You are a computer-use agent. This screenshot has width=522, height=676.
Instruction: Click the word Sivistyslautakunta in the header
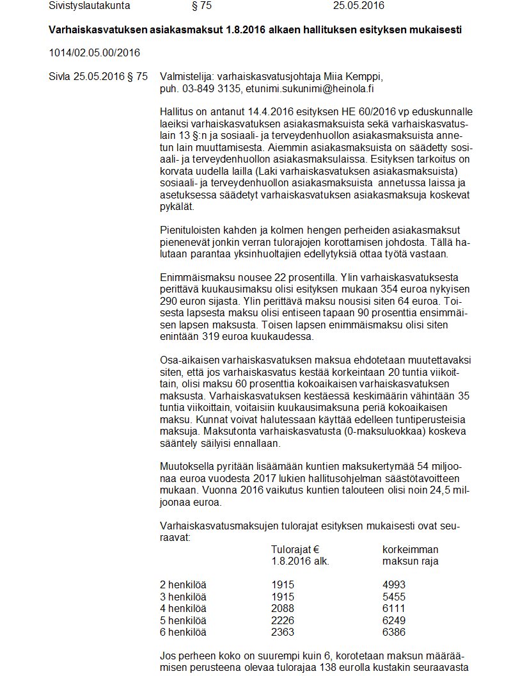[x=89, y=6]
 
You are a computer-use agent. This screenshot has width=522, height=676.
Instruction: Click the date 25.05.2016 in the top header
[x=359, y=6]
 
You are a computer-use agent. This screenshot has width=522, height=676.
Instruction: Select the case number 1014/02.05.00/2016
[x=94, y=52]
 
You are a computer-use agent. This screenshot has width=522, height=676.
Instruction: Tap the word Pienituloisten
[x=190, y=230]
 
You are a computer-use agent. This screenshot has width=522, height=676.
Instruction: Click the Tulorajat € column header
[x=295, y=550]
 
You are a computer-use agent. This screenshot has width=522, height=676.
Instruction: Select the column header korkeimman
[x=410, y=550]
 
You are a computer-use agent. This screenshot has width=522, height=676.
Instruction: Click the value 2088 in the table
[x=283, y=608]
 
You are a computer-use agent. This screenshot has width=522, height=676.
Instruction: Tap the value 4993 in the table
[x=393, y=585]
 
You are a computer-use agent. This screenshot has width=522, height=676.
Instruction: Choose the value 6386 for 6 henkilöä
[x=393, y=632]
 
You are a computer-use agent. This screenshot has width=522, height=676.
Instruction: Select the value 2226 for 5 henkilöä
[x=283, y=620]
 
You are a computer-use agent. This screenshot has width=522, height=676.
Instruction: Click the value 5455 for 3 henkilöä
[x=393, y=597]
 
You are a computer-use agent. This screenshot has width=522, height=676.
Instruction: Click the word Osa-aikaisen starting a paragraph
[x=189, y=361]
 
